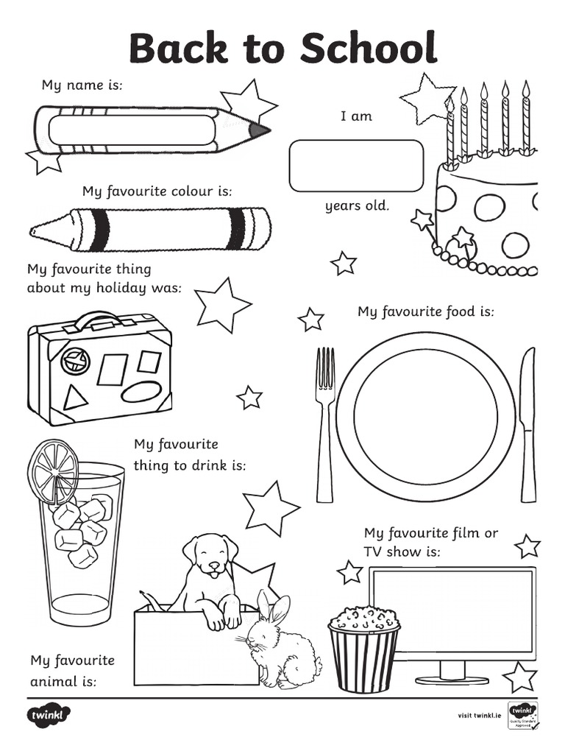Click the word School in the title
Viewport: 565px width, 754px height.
click(x=368, y=49)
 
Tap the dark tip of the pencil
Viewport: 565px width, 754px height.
click(x=259, y=131)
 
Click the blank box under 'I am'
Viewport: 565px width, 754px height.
click(x=356, y=166)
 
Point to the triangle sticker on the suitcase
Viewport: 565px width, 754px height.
click(x=74, y=398)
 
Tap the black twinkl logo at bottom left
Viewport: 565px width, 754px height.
click(x=50, y=715)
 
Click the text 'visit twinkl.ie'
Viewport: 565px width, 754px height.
click(x=478, y=716)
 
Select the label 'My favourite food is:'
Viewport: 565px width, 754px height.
click(x=426, y=312)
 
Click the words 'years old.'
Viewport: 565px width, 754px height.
click(x=357, y=206)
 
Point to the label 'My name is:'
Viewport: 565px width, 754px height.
click(x=82, y=85)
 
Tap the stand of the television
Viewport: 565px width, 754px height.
click(x=452, y=673)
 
